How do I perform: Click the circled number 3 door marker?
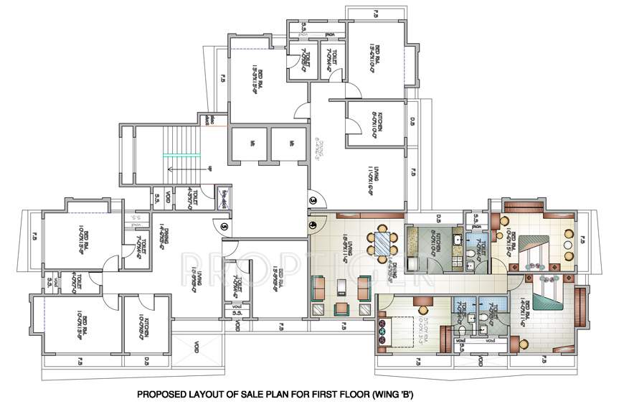[313, 199]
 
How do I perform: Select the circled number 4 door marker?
[313, 224]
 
